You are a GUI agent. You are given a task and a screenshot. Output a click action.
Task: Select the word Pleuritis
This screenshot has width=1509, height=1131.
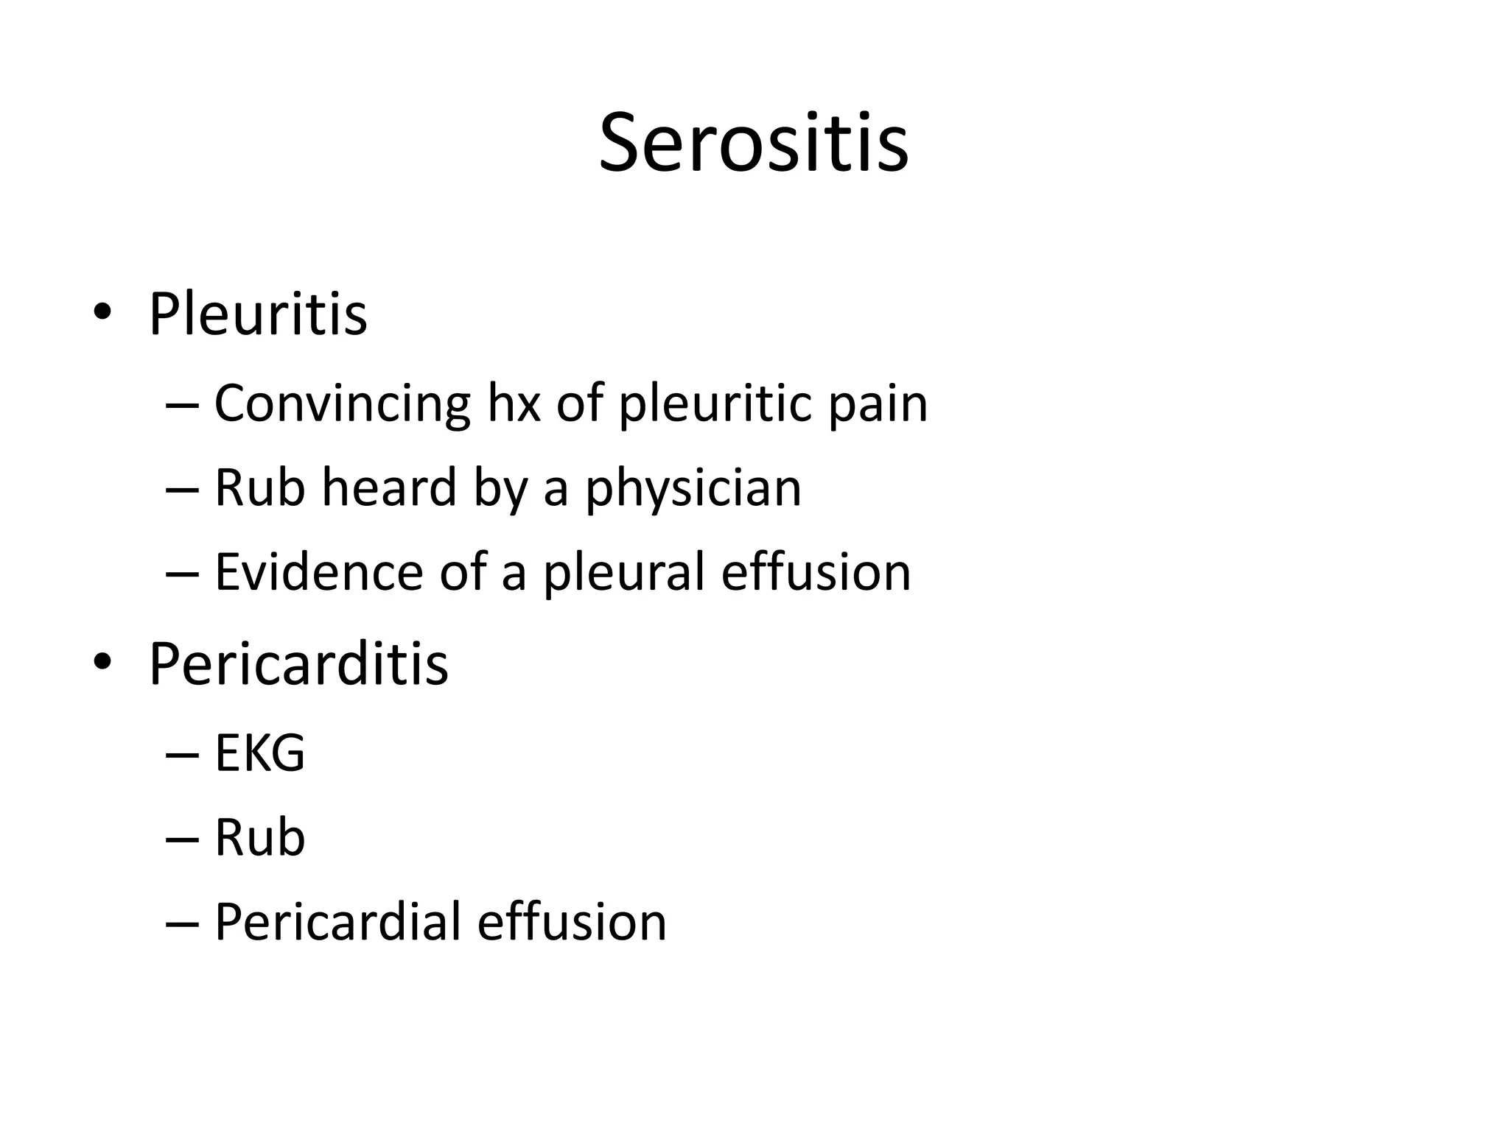pos(258,314)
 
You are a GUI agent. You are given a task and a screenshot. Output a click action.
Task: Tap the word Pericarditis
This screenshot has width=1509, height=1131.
pos(298,664)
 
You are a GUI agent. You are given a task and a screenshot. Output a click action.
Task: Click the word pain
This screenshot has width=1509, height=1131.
pos(878,406)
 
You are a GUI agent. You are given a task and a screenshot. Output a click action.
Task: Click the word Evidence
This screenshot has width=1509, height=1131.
pos(318,572)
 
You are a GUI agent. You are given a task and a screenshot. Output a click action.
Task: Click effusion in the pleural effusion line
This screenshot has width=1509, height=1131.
pos(816,572)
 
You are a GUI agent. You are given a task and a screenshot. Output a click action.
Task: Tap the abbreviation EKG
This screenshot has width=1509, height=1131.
pos(259,753)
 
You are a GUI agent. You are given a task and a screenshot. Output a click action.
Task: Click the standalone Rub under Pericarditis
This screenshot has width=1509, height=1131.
pos(259,838)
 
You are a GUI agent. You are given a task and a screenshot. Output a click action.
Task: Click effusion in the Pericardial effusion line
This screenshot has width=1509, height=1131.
pos(572,922)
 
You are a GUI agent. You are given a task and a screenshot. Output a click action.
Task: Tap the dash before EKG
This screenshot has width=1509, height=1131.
pos(183,755)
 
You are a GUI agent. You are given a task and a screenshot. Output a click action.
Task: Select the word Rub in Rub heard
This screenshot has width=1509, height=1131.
pos(259,487)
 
